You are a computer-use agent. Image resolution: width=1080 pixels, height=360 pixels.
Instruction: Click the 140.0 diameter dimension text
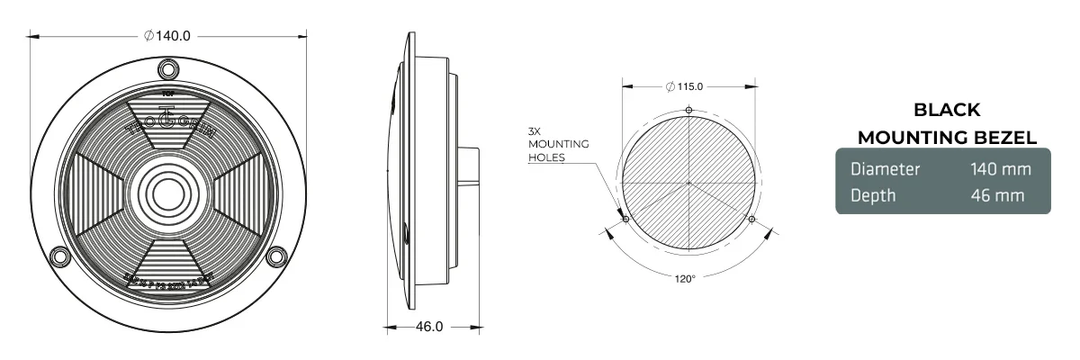(x=168, y=36)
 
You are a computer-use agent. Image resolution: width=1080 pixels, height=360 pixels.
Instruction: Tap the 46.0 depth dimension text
(x=428, y=327)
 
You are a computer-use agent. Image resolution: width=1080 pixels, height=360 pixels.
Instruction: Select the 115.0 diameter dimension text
(x=688, y=86)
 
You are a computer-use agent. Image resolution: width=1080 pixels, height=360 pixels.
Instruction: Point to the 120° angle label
(x=686, y=279)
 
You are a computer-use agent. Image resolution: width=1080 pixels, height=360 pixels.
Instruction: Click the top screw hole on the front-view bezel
(x=168, y=68)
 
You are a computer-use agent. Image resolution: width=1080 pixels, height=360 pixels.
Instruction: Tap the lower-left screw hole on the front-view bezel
(x=60, y=256)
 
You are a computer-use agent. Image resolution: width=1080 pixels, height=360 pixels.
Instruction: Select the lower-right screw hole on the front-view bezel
(x=276, y=256)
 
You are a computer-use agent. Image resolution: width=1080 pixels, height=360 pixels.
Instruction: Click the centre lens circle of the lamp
(x=168, y=193)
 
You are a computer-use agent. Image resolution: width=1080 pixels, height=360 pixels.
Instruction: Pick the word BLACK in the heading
(x=947, y=111)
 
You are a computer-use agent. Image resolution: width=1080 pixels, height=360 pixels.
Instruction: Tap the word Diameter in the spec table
(x=885, y=169)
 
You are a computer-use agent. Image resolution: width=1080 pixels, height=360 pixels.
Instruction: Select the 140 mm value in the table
(x=1000, y=169)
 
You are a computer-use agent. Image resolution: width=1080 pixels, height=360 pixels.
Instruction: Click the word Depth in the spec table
(x=873, y=194)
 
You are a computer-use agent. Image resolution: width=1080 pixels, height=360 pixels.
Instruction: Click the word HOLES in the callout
(x=547, y=157)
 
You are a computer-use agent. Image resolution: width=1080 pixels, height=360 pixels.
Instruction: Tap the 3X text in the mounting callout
(x=535, y=131)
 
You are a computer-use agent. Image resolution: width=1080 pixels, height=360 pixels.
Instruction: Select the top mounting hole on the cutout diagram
(x=689, y=111)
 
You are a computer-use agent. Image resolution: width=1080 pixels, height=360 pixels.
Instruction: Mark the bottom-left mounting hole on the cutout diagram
(x=625, y=219)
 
